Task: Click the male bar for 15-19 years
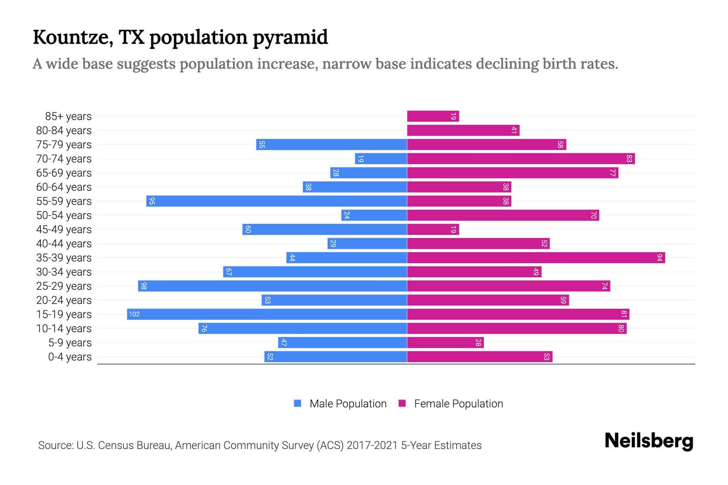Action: (267, 314)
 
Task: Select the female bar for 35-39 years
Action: (536, 258)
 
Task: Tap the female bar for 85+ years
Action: (433, 116)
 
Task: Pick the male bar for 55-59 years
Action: (277, 201)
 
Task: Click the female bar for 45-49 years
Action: (433, 230)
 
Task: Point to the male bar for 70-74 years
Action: (381, 159)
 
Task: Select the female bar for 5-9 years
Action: (445, 343)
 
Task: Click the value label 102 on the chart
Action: (134, 314)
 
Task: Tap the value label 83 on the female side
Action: (629, 159)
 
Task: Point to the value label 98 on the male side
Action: (144, 286)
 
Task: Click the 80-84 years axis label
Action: (64, 131)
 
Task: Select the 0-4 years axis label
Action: (70, 357)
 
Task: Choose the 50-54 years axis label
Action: (64, 215)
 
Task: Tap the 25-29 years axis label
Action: (64, 286)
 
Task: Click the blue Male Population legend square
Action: (298, 403)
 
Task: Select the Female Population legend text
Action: (458, 403)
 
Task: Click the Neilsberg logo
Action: (649, 441)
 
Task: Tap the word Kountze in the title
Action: (73, 37)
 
